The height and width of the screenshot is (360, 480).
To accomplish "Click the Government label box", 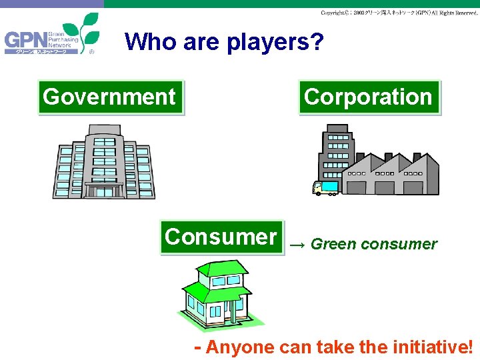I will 109,97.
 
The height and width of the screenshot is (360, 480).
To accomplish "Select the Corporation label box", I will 369,97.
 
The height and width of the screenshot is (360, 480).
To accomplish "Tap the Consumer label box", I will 221,237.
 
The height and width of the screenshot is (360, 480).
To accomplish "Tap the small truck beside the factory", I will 327,188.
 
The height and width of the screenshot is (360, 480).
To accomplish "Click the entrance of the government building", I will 105,191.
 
